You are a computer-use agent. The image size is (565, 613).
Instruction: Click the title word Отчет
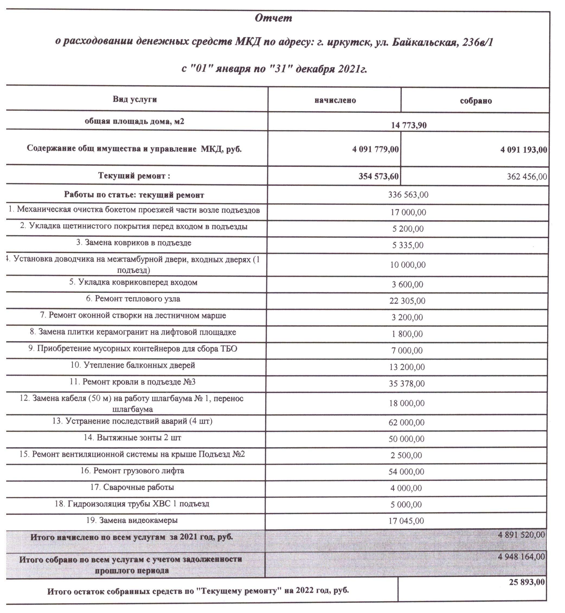point(273,18)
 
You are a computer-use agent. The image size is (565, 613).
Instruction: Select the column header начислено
point(335,100)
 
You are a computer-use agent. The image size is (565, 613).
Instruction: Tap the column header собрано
point(476,101)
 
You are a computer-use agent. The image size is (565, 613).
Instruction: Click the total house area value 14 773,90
point(409,125)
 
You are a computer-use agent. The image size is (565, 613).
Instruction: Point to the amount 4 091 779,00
point(375,149)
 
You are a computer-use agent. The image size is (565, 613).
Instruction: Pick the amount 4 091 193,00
point(524,150)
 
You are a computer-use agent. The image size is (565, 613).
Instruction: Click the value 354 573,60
point(378,176)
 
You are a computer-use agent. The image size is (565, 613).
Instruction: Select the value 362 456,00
point(527,177)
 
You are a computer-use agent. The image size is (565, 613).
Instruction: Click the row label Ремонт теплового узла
point(133,299)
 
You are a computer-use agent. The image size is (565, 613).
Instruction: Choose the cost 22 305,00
point(407,301)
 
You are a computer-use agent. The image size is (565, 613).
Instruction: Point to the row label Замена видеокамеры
point(132,520)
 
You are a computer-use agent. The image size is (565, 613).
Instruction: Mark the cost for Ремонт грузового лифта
point(406,472)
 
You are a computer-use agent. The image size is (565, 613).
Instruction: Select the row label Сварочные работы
point(132,487)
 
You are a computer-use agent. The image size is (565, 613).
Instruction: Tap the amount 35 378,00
point(407,384)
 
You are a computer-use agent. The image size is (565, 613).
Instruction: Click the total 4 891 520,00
point(521,535)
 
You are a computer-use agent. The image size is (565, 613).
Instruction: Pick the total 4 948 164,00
point(521,556)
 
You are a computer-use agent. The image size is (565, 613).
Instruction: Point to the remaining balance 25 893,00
point(527,582)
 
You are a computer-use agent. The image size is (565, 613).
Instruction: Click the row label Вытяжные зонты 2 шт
point(132,438)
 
